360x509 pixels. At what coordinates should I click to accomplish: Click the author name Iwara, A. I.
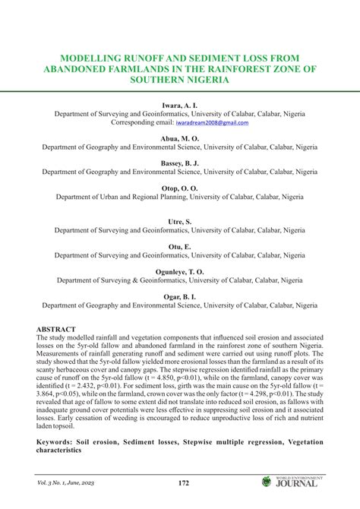(x=180, y=104)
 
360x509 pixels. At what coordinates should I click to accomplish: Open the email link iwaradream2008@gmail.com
(x=213, y=122)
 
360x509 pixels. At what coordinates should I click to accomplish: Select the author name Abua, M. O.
(x=180, y=139)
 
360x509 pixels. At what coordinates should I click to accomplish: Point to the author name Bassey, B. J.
(x=180, y=163)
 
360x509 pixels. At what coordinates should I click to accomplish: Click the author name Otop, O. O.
(x=180, y=188)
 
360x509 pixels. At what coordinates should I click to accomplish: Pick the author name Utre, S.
(x=180, y=220)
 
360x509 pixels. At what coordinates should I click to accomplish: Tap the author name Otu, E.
(x=180, y=247)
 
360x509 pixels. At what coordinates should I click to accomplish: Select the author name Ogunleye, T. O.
(x=180, y=271)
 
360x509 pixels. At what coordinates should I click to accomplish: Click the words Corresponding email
(x=142, y=122)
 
